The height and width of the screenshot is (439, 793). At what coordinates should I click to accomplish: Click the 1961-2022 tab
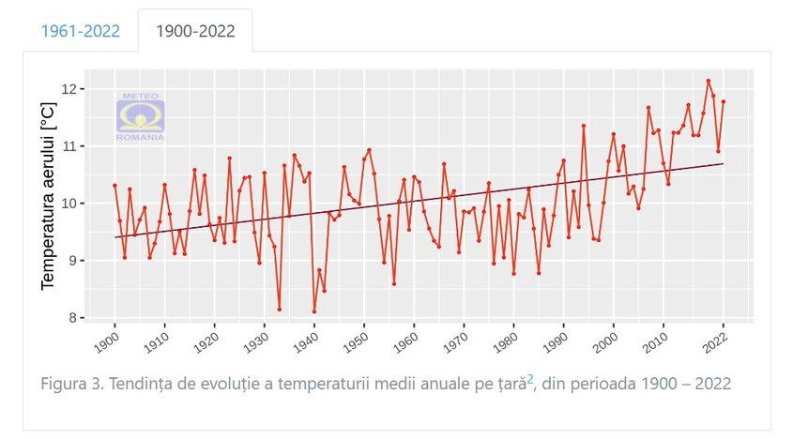click(80, 31)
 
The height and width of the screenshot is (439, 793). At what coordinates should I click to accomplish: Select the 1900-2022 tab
click(195, 31)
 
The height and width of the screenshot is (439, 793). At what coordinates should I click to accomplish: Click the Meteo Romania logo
click(141, 117)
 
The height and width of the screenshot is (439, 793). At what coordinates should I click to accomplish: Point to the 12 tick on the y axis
click(75, 89)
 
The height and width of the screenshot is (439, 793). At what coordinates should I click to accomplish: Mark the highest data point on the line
click(708, 81)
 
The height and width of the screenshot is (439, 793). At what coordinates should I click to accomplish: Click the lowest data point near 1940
click(314, 311)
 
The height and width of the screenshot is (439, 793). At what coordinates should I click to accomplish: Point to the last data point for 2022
click(724, 101)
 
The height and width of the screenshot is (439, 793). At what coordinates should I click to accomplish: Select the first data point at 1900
click(114, 186)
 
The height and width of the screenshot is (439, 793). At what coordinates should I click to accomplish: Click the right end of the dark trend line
click(723, 163)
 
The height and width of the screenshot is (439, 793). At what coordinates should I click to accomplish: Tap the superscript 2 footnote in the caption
click(530, 380)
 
